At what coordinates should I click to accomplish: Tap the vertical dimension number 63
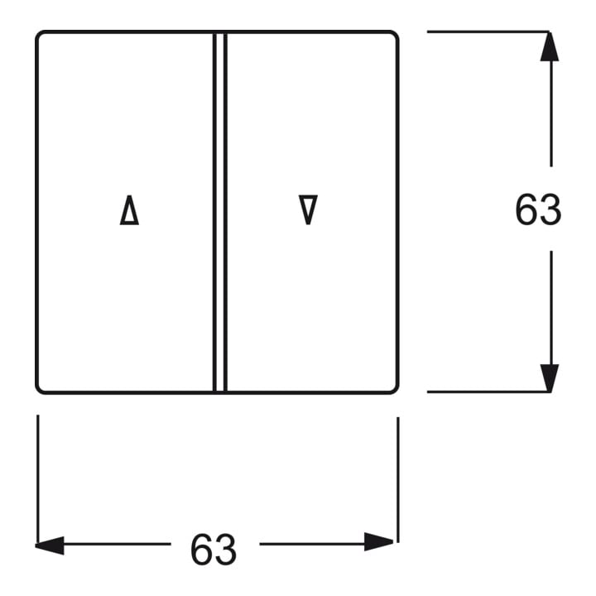coord(538,209)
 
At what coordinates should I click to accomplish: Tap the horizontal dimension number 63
coord(214,550)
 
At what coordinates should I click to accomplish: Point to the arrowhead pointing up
coord(550,46)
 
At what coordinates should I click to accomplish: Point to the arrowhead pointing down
coord(550,377)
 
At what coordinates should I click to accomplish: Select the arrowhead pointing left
coord(50,546)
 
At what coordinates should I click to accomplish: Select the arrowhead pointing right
coord(378,541)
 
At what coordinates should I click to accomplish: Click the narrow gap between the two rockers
coord(219,212)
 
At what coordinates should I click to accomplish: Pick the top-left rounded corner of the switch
coord(39,35)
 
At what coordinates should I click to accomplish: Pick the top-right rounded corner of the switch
coord(395,35)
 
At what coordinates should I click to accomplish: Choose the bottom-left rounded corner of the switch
coord(39,389)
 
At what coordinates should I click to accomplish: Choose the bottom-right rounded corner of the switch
coord(395,389)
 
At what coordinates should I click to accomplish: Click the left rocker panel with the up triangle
coord(126,114)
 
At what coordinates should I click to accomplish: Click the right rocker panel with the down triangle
coord(311,114)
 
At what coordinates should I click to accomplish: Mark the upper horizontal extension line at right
coord(488,31)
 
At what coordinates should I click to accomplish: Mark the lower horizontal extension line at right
coord(488,392)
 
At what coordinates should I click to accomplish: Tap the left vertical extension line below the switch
coord(37,479)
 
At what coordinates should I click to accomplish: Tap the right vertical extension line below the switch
coord(398,479)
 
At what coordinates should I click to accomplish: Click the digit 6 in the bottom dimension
coord(202,550)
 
